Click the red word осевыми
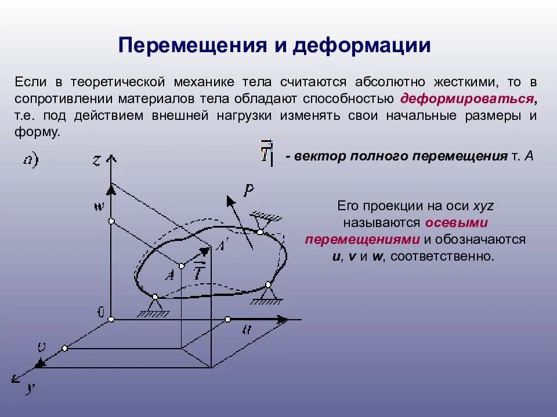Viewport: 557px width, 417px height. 455,223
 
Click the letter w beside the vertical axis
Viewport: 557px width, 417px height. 99,206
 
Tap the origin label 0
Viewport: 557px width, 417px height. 100,313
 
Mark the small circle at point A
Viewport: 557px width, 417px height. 182,266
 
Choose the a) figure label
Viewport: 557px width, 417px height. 30,159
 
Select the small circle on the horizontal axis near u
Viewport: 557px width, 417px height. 227,319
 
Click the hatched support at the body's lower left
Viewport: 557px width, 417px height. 154,308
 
